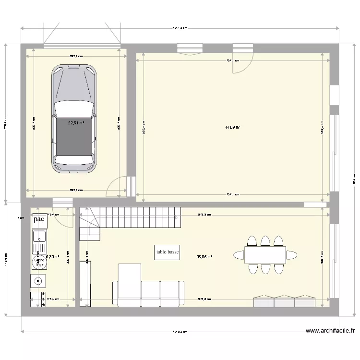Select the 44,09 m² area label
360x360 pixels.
233,128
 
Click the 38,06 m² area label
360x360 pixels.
204,257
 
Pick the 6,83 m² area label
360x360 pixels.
52,257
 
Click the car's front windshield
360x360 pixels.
74,108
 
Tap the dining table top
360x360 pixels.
265,254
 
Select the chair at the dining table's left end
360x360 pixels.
239,254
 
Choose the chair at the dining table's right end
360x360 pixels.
291,254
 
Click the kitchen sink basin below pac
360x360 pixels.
39,237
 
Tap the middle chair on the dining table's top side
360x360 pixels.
265,240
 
